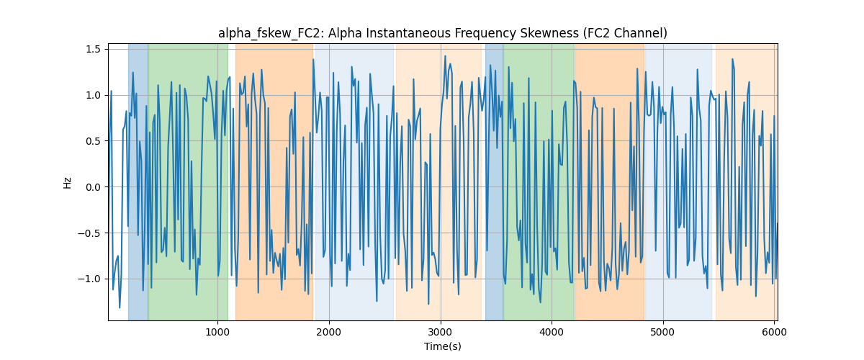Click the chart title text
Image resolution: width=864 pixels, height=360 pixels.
[x=442, y=33]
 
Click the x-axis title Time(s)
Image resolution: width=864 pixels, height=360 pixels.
[x=442, y=346]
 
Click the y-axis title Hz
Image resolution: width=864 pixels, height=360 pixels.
[x=67, y=183]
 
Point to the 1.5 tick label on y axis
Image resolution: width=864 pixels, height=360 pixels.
[x=93, y=50]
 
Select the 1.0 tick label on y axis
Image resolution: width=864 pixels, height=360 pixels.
[x=93, y=95]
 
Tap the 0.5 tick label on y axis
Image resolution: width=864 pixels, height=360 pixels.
[x=93, y=141]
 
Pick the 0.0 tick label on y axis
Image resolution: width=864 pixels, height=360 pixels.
[x=93, y=187]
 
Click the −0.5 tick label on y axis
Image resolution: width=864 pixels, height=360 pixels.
[x=89, y=233]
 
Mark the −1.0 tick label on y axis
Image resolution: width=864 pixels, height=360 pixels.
[x=89, y=279]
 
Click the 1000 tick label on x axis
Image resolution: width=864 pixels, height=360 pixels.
[x=217, y=332]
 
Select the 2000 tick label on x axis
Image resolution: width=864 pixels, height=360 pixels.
[x=329, y=332]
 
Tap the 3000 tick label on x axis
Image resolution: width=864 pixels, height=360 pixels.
[x=441, y=332]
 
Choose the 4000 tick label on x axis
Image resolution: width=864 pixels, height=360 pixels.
[x=552, y=332]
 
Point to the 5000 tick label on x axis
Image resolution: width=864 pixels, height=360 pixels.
[x=663, y=332]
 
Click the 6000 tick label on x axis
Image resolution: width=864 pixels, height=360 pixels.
[x=774, y=332]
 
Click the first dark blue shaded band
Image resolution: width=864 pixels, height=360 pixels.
[x=138, y=181]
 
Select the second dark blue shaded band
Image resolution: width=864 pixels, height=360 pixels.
[x=495, y=181]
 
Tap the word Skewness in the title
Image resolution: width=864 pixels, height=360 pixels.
[x=549, y=33]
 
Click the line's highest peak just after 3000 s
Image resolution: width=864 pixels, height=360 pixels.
[x=445, y=56]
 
